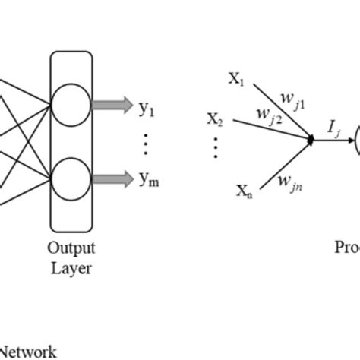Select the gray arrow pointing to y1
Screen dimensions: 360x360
(x=113, y=104)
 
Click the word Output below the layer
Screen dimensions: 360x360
(x=72, y=248)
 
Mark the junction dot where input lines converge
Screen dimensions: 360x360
(x=311, y=139)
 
